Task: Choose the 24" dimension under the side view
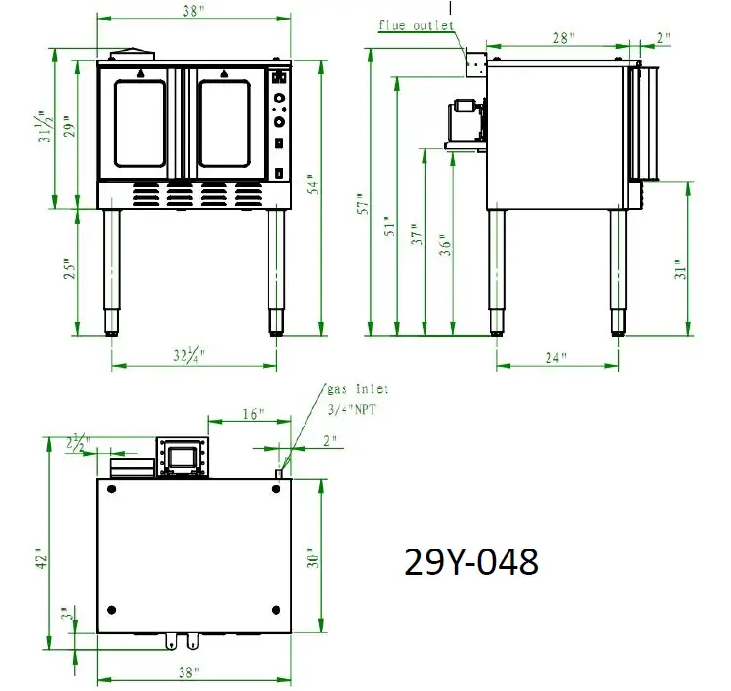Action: click(556, 357)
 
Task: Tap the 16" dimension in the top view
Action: click(253, 414)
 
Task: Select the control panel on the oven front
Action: click(280, 123)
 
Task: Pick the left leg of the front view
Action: click(113, 270)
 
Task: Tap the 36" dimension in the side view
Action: click(445, 243)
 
